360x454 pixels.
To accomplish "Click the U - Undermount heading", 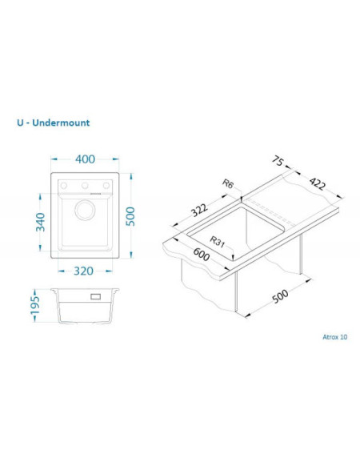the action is pos(54,123).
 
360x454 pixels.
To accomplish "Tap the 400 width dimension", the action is pos(85,159).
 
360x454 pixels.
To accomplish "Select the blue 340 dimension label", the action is pos(41,222).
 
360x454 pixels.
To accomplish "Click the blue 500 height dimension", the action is pos(130,216).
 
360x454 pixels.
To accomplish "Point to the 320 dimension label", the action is pos(83,271).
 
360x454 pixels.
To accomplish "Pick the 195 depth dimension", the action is pos(35,305).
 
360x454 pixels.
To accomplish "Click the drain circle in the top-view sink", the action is pos(85,210).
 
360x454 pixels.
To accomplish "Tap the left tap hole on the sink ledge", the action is pos(64,185).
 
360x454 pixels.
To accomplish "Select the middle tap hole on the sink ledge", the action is pos(85,185).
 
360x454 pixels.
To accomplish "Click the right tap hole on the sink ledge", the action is pos(106,185).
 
